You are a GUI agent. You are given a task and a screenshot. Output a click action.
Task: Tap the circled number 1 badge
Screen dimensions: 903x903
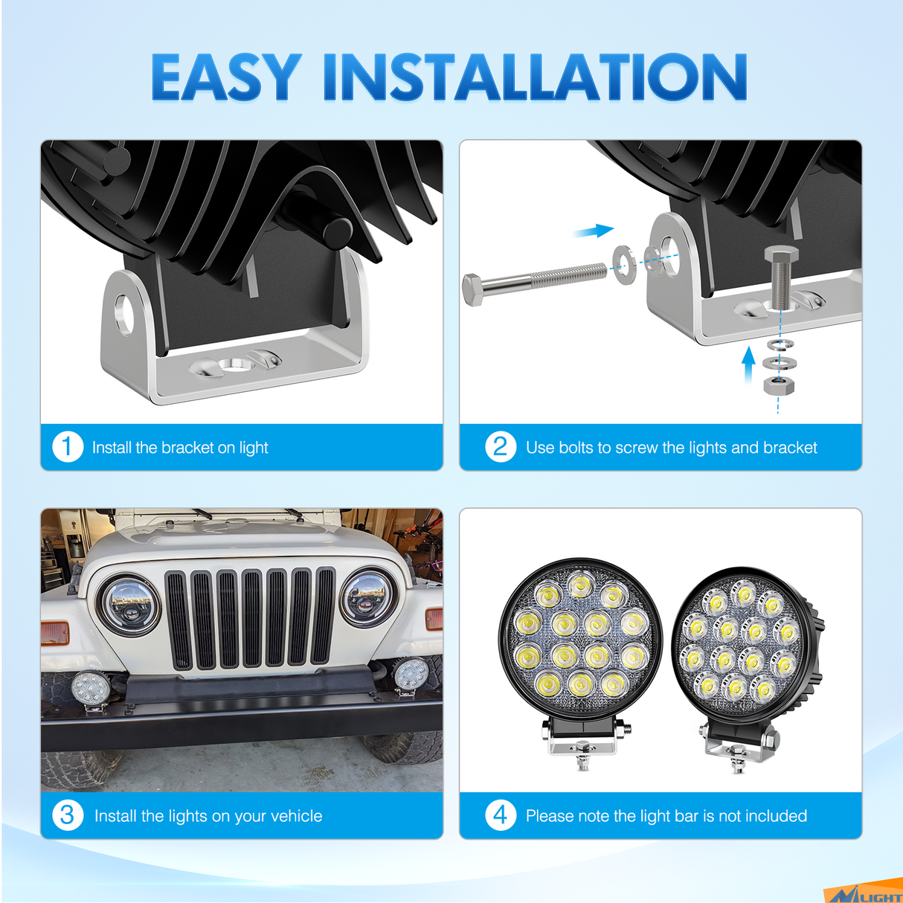pos(67,447)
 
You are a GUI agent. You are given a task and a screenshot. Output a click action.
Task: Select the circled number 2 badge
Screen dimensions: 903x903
pos(501,447)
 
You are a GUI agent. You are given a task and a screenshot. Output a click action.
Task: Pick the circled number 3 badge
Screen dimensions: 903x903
pos(67,815)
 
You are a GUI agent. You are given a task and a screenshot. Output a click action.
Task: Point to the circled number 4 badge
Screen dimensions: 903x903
pos(501,815)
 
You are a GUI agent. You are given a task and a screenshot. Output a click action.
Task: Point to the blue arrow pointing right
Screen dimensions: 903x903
pos(594,231)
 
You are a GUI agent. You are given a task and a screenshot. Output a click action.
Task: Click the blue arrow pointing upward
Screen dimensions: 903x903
pos(748,364)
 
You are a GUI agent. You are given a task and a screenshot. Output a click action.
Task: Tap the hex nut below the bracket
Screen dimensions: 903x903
pos(779,385)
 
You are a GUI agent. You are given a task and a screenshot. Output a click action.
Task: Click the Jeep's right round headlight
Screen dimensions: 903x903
pos(370,597)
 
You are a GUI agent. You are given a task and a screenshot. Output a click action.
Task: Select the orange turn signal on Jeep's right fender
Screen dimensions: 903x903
pos(434,618)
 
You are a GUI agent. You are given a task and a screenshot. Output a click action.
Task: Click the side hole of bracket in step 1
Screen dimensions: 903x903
pos(124,313)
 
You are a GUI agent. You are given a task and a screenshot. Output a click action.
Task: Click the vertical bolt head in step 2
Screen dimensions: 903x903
pos(781,255)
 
